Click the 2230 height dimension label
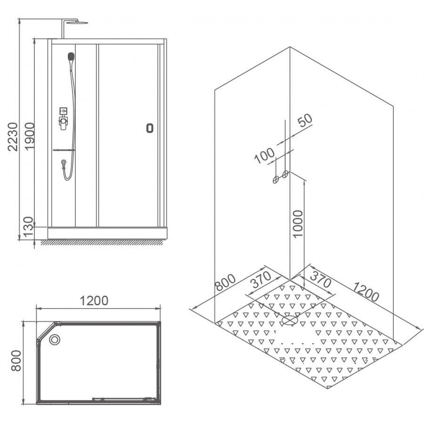(x=13, y=137)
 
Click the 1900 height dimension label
(x=30, y=136)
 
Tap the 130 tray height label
(x=28, y=227)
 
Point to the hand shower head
(x=71, y=57)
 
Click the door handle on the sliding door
(x=150, y=128)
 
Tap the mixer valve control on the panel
(x=63, y=119)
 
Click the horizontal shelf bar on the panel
(x=64, y=150)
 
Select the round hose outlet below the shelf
(x=64, y=162)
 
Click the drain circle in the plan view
(x=55, y=339)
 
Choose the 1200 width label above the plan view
(x=94, y=301)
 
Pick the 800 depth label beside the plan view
(x=16, y=361)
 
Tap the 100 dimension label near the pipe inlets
(x=264, y=156)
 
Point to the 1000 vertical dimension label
(x=298, y=224)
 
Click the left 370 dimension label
(x=261, y=279)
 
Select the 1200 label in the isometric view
(x=366, y=292)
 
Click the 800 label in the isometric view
(x=225, y=282)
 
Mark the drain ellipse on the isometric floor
(x=290, y=320)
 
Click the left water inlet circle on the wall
(x=276, y=179)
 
